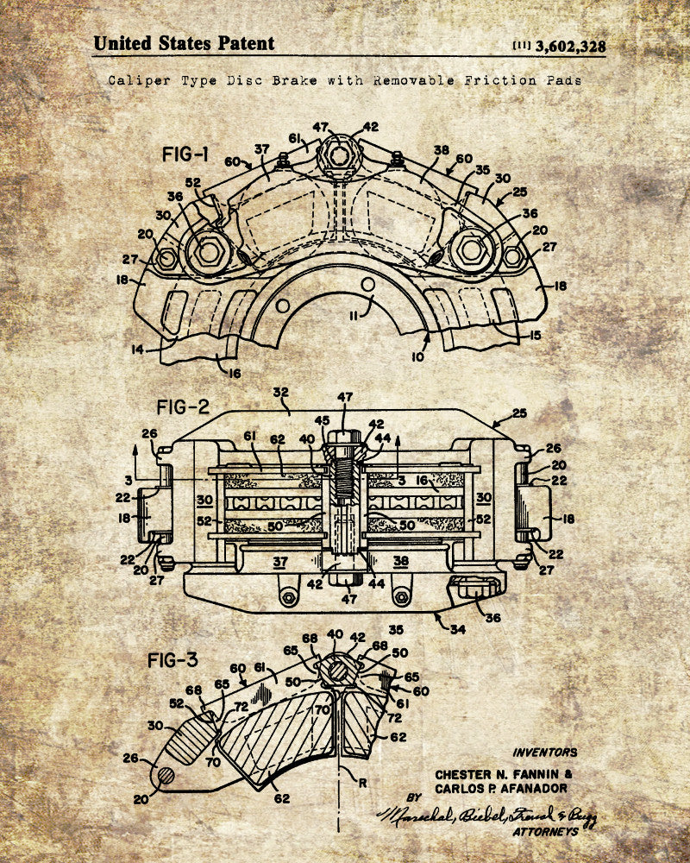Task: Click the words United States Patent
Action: click(x=184, y=43)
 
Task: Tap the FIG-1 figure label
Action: click(x=185, y=155)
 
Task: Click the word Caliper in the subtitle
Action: click(x=135, y=79)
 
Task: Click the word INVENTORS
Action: click(x=545, y=753)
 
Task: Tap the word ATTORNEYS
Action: click(x=545, y=832)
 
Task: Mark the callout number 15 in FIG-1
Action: click(x=536, y=335)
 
